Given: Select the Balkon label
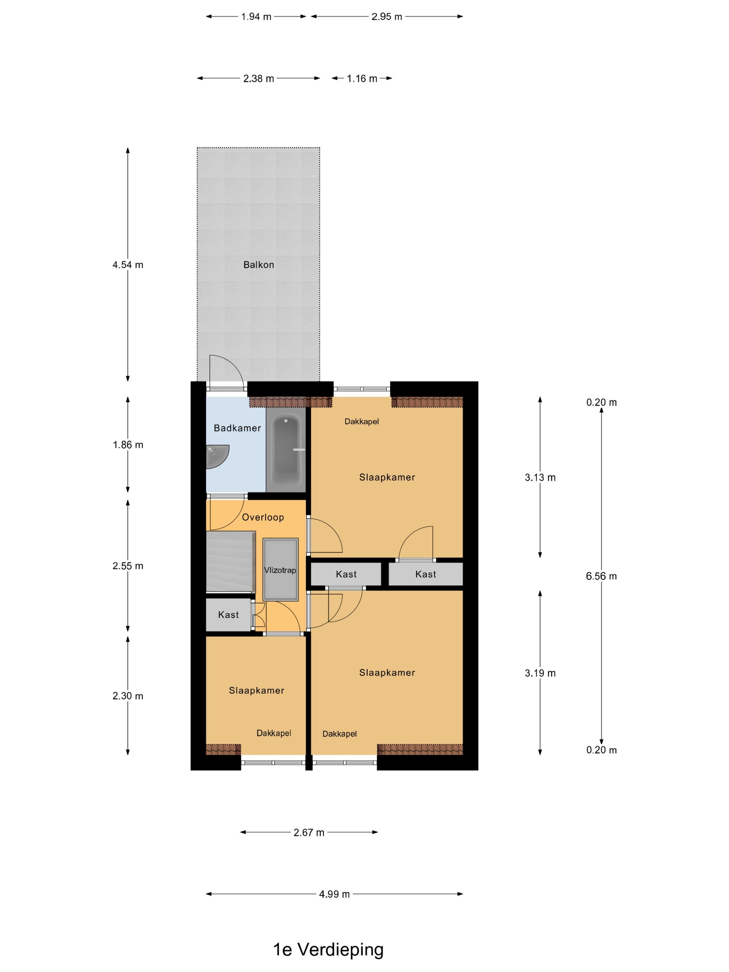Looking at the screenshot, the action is [x=259, y=265].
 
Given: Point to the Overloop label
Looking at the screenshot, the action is [x=263, y=517].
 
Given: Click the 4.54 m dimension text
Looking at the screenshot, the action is [x=128, y=265].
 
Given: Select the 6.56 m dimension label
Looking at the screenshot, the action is [x=601, y=576].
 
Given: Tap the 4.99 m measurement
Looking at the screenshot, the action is [x=334, y=894].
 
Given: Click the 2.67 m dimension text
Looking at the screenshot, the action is [x=309, y=832].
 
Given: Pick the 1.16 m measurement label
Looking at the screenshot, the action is [x=362, y=79].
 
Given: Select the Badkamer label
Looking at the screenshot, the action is [x=237, y=428].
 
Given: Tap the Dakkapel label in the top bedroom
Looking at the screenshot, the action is [x=362, y=421].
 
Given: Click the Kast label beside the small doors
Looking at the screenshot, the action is [x=228, y=615].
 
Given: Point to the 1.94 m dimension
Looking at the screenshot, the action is [x=256, y=17].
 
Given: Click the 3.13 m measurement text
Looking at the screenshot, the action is [x=540, y=477].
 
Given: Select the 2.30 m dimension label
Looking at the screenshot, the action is [x=128, y=696].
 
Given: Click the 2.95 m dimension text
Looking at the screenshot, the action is [x=387, y=17].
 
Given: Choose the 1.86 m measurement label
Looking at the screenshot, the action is [x=128, y=445].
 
